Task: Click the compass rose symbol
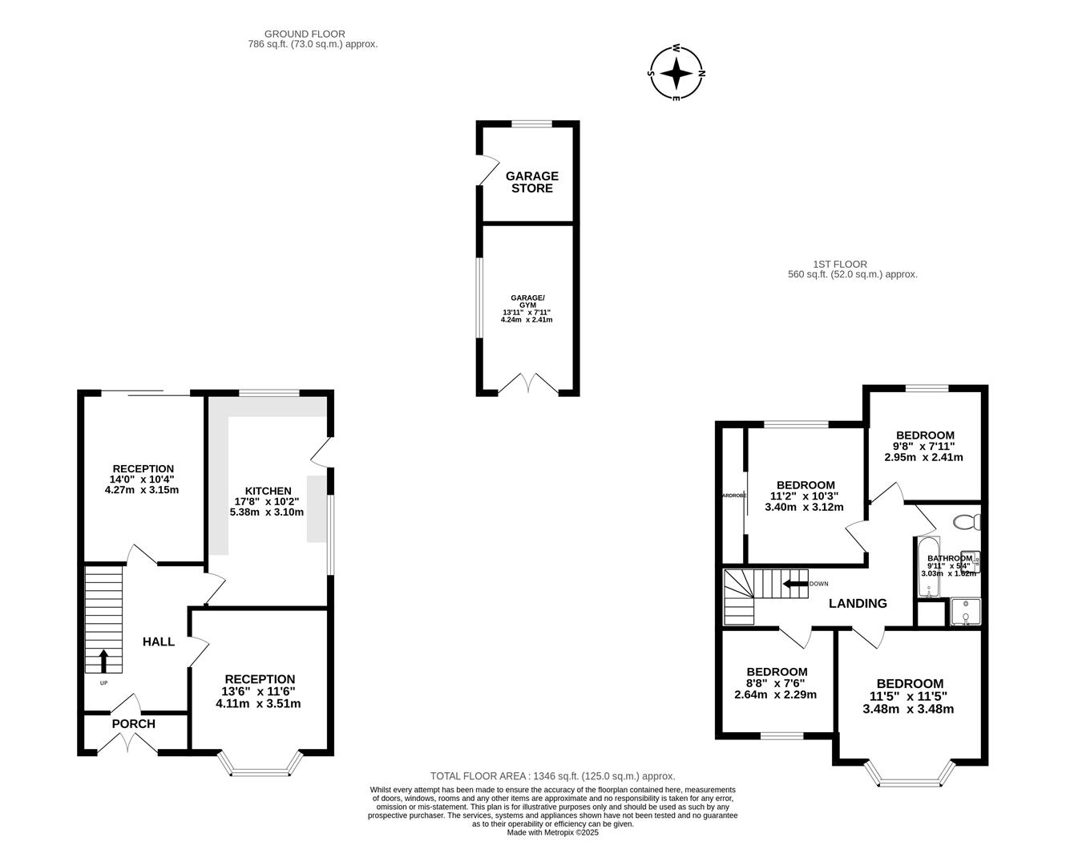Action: click(x=676, y=74)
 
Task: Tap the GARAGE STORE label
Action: click(x=531, y=182)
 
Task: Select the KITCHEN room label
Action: click(x=268, y=491)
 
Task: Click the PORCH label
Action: click(x=133, y=723)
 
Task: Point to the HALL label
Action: click(x=159, y=641)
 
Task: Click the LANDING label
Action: click(x=858, y=603)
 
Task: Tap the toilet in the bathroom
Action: click(x=967, y=522)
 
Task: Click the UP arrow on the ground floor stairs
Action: click(x=103, y=660)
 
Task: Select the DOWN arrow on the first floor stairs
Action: click(x=795, y=584)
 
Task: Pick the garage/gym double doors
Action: click(x=528, y=385)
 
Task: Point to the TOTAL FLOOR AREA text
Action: click(x=552, y=775)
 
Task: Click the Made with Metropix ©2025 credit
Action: click(x=552, y=832)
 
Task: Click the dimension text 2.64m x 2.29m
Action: click(x=775, y=694)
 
